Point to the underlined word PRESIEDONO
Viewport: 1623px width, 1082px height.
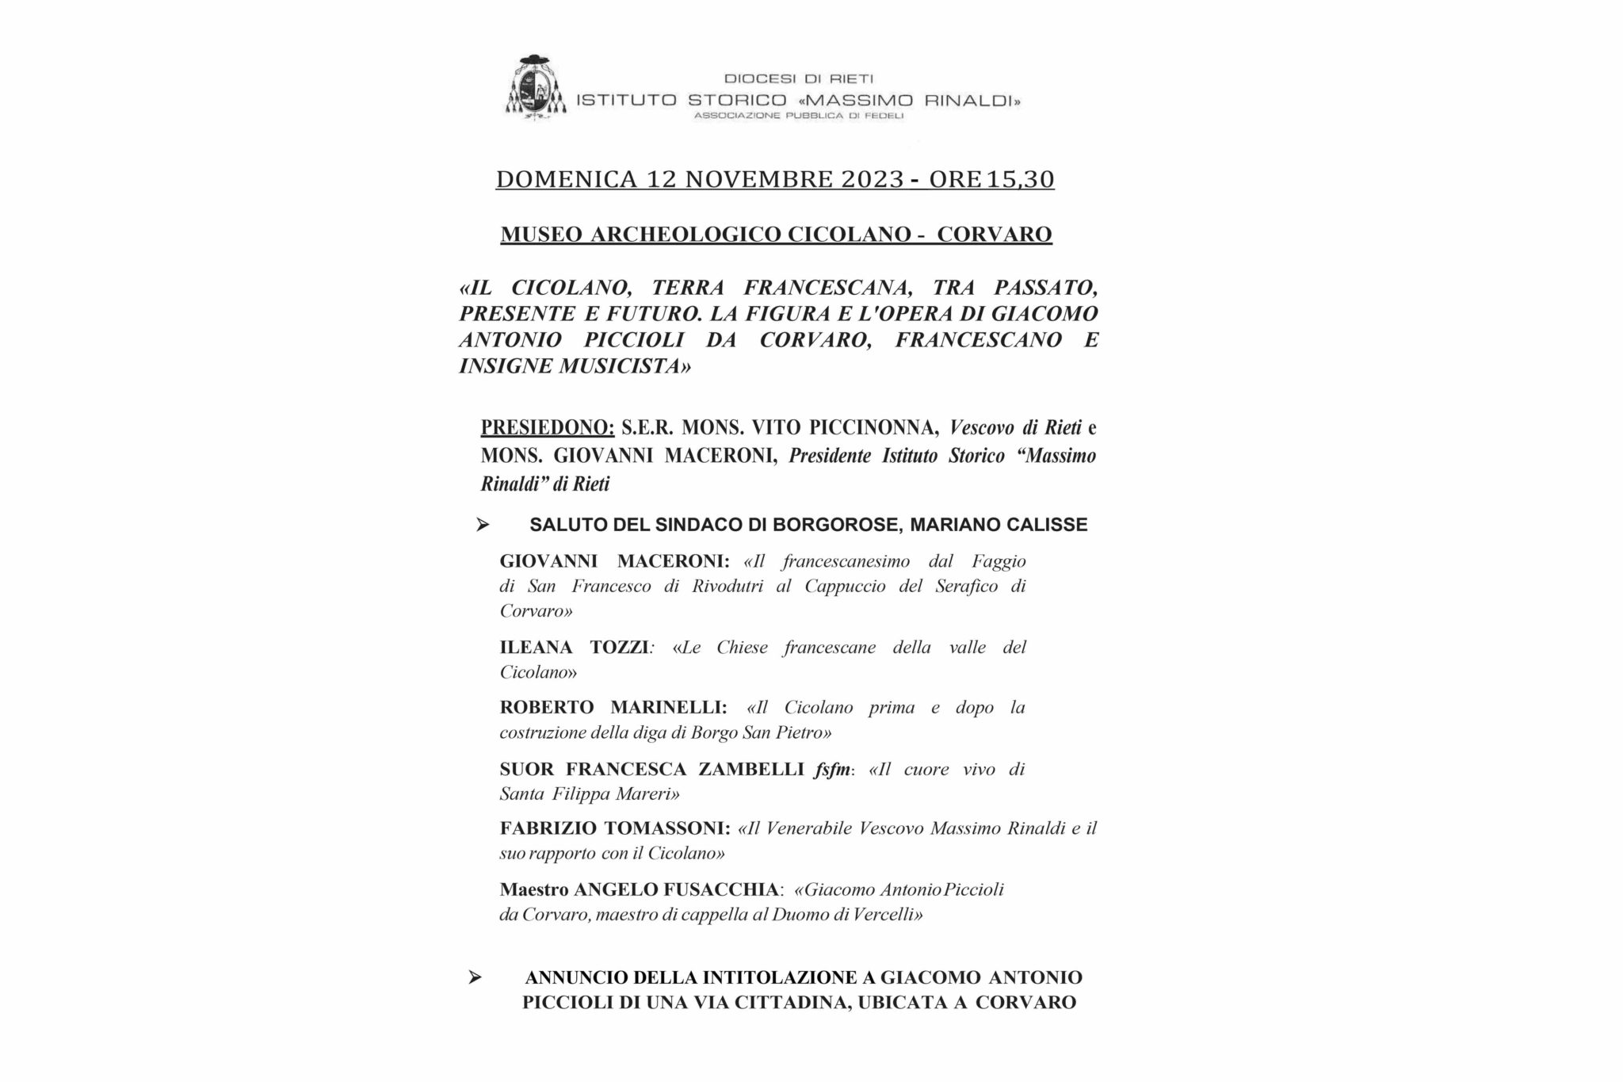(x=547, y=428)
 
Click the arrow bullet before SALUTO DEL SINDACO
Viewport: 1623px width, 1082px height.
(x=482, y=525)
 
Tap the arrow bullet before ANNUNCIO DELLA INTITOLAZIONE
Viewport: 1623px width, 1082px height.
(x=475, y=977)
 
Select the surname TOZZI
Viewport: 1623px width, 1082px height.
(x=620, y=648)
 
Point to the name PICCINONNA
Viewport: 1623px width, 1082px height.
(x=873, y=428)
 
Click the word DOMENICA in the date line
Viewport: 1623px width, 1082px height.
(x=566, y=180)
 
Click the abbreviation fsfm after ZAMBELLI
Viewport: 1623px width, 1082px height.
(x=831, y=770)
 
